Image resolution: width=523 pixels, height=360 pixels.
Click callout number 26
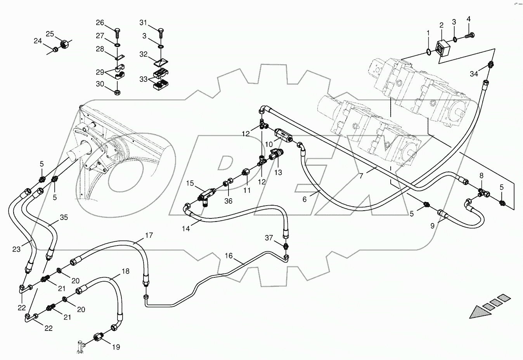point(100,22)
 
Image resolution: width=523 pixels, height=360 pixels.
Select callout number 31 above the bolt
point(144,22)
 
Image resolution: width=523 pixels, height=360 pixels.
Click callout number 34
point(474,74)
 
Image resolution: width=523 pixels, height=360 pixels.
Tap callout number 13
point(278,172)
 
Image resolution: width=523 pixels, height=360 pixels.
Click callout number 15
point(189,183)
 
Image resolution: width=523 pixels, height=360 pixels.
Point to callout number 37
point(269,237)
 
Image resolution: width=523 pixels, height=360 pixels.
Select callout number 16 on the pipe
point(229,256)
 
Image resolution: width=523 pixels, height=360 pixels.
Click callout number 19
point(116,347)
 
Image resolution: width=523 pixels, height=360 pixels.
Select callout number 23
point(16,249)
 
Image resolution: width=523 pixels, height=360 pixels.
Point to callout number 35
point(64,217)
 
